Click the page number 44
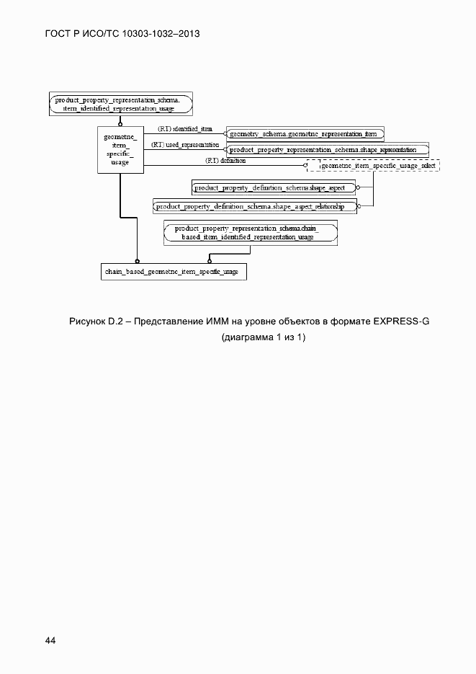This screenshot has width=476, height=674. pyautogui.click(x=50, y=640)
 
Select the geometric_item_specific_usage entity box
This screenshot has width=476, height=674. pyautogui.click(x=120, y=150)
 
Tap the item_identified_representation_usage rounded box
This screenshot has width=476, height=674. pyautogui.click(x=122, y=104)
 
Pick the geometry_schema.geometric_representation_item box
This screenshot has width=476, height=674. pyautogui.click(x=305, y=133)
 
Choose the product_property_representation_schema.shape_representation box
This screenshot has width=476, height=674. pyautogui.click(x=328, y=150)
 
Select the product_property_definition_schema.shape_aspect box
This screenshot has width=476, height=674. pyautogui.click(x=274, y=188)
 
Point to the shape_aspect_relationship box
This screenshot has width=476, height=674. pyautogui.click(x=256, y=206)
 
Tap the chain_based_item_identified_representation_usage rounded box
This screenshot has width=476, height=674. pyautogui.click(x=251, y=232)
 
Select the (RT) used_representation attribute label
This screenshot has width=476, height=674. pyautogui.click(x=185, y=145)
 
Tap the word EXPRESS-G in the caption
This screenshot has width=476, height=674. pyautogui.click(x=401, y=321)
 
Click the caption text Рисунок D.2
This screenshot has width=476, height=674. pyautogui.click(x=96, y=321)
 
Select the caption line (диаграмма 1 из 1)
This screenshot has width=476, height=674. pyautogui.click(x=264, y=337)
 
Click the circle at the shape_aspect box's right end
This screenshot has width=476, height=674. pyautogui.click(x=358, y=187)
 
